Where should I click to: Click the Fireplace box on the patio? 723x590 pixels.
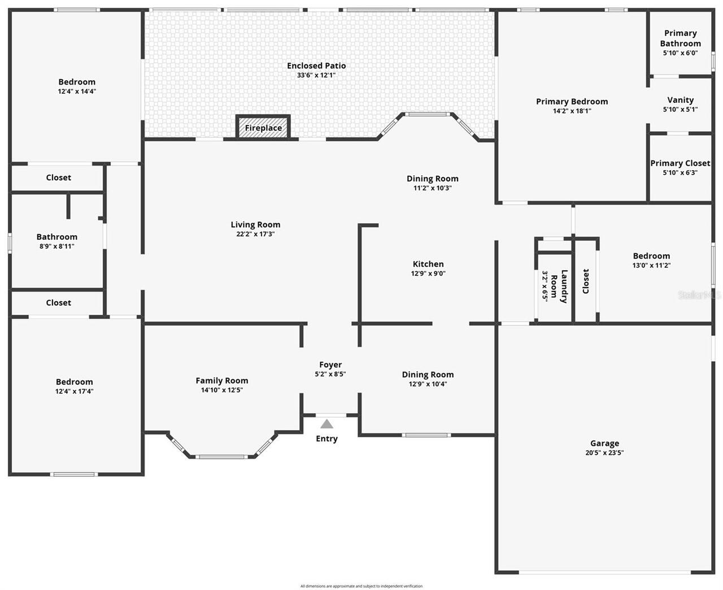click(263, 128)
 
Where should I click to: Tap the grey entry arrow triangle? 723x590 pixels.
click(327, 424)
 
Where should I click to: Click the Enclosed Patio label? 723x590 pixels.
click(316, 66)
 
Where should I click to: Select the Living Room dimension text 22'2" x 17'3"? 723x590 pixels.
click(255, 234)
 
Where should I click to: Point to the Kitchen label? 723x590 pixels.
click(428, 264)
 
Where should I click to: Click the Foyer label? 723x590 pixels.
click(330, 365)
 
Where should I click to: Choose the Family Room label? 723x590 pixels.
click(222, 380)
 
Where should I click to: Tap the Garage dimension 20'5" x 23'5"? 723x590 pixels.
click(604, 453)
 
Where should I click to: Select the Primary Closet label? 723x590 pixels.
click(680, 163)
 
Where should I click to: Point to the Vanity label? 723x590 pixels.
click(680, 100)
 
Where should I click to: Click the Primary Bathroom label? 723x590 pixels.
click(680, 38)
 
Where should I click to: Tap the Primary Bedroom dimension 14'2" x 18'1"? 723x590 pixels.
click(572, 111)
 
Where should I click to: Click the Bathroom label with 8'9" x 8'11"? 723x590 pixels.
click(56, 237)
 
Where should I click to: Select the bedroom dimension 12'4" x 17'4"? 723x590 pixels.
click(75, 391)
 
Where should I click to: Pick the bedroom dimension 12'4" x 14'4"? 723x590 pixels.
click(77, 91)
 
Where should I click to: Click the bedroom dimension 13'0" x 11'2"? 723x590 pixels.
click(651, 265)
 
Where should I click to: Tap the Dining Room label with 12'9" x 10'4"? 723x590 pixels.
click(428, 374)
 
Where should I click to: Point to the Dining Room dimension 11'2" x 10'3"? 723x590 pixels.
click(433, 188)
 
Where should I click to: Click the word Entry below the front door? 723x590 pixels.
click(326, 439)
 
